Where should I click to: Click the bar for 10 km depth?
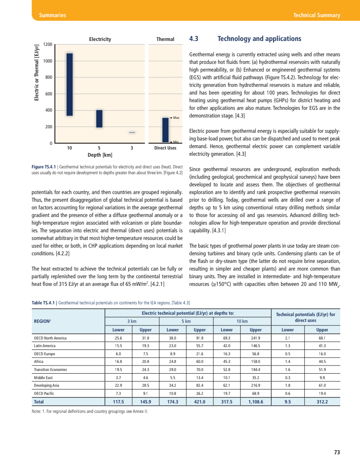tap(70, 85)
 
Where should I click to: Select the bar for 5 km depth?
tap(99, 119)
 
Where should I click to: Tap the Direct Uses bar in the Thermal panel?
tap(165, 130)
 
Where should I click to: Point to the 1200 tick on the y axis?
tap(48, 45)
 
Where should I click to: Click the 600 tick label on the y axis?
tap(48, 94)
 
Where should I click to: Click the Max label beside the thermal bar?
tap(176, 118)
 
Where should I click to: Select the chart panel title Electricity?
tap(100, 39)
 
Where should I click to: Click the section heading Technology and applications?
tap(259, 39)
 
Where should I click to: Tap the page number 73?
tap(337, 452)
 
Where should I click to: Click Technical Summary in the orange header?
tap(316, 15)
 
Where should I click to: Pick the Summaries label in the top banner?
tap(52, 15)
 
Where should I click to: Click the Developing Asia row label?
tap(47, 385)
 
